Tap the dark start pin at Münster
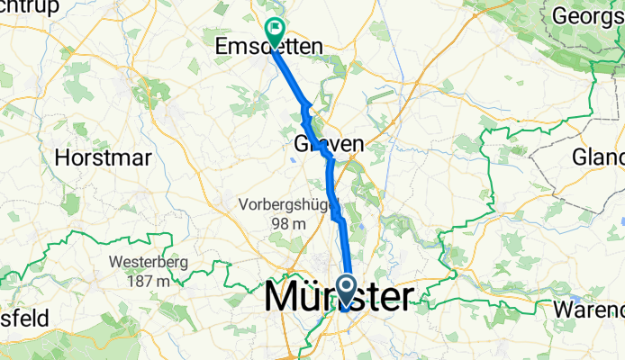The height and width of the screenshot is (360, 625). (x=347, y=290)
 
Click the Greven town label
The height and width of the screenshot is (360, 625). (x=329, y=144)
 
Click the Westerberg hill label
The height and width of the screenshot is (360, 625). (x=140, y=263)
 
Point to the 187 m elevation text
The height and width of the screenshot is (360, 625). (x=140, y=281)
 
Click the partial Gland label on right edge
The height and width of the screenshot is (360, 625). (x=598, y=157)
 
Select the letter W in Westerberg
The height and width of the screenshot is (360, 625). (x=113, y=263)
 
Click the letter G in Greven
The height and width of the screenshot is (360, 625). (x=303, y=144)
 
